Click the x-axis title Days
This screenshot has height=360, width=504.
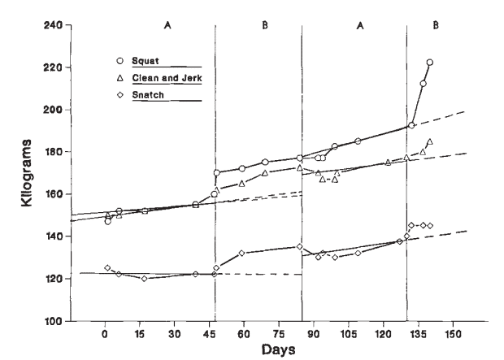click(x=279, y=349)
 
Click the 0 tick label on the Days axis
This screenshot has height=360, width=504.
click(x=105, y=334)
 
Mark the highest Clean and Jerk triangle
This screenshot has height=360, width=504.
click(x=430, y=141)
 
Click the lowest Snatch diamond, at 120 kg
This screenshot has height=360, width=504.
click(x=145, y=279)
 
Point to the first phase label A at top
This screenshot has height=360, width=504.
click(x=168, y=25)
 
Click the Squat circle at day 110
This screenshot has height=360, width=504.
click(x=358, y=141)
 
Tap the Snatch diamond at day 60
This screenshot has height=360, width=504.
click(x=242, y=254)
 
